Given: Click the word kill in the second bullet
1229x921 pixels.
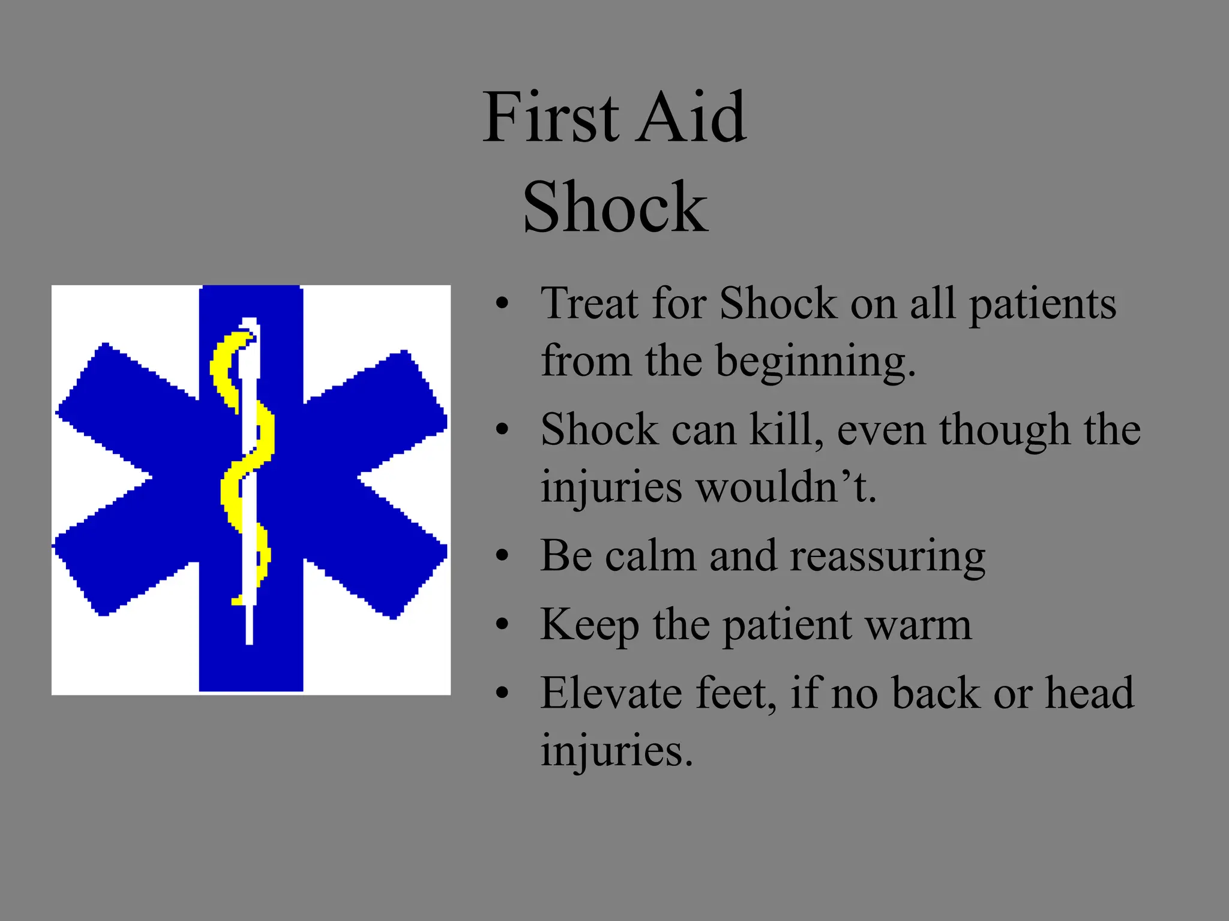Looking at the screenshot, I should tap(786, 429).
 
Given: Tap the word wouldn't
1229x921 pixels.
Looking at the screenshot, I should tap(786, 487).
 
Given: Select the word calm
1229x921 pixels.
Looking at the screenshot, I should tap(651, 555).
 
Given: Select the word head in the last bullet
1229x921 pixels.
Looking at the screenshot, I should tap(1090, 693).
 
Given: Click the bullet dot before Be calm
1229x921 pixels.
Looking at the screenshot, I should tap(502, 556).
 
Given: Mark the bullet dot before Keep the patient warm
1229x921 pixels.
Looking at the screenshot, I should tap(502, 625).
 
